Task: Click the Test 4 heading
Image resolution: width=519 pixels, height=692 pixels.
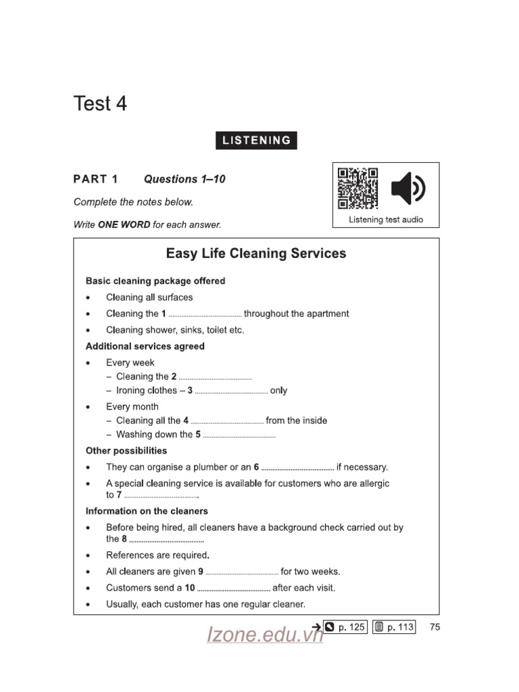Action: click(100, 104)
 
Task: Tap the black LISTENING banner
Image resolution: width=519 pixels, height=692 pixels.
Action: click(256, 141)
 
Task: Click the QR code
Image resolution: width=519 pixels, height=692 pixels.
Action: click(357, 189)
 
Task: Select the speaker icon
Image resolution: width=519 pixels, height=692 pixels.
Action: click(408, 189)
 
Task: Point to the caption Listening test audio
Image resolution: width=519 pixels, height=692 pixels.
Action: click(386, 220)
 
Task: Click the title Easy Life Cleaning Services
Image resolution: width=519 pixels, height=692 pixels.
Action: click(256, 253)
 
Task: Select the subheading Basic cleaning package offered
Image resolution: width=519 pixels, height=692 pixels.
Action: click(155, 280)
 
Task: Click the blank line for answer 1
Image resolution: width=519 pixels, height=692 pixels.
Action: click(205, 315)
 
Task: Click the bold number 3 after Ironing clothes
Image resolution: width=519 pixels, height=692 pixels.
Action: click(191, 391)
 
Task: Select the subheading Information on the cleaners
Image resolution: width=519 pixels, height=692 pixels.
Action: click(147, 511)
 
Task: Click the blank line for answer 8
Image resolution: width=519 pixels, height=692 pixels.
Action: click(166, 540)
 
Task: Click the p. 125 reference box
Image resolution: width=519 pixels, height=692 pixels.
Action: click(345, 627)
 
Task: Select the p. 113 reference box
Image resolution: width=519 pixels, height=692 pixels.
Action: click(394, 627)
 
